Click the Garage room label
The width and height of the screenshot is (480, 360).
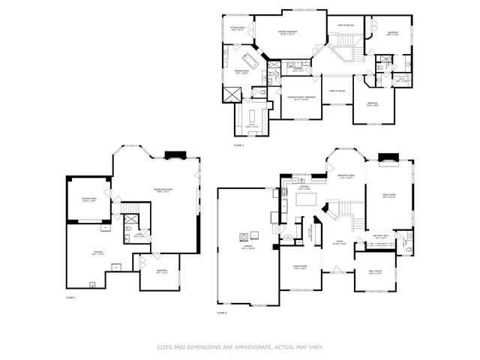245,247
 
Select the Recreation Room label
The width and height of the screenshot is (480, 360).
163,190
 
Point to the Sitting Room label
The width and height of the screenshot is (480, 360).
238,28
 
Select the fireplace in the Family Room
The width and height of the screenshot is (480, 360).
388,157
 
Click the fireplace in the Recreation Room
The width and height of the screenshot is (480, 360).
174,156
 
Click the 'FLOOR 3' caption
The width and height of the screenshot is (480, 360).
238,144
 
